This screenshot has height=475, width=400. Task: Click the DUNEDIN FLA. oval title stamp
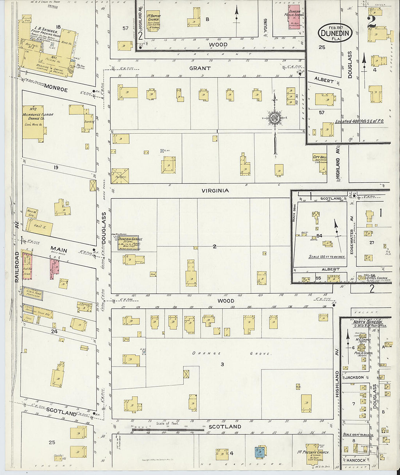(x=335, y=33)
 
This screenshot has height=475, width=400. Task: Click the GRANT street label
(x=200, y=68)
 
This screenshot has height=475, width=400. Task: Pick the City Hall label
(x=320, y=157)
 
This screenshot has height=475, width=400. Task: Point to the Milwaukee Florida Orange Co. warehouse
(x=33, y=122)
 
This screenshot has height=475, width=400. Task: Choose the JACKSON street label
(x=354, y=377)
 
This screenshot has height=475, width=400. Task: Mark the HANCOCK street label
(x=355, y=460)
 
